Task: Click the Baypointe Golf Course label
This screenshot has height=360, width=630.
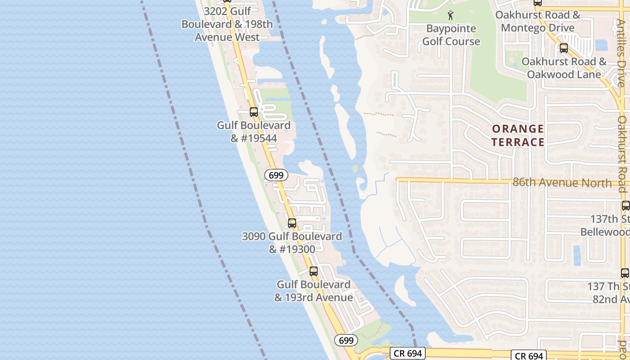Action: [x=451, y=35]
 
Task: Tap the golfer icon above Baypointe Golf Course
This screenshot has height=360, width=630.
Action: [x=451, y=16]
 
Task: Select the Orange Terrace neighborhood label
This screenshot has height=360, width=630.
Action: [x=517, y=135]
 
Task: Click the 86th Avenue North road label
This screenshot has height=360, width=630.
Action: [x=562, y=183]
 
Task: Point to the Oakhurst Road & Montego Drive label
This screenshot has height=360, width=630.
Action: [x=537, y=21]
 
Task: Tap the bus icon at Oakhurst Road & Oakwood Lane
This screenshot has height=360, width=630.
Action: [x=563, y=48]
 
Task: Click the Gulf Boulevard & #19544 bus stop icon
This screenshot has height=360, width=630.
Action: [x=254, y=112]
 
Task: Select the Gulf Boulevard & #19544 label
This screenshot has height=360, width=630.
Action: [x=254, y=131]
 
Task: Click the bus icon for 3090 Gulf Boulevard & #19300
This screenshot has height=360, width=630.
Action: [x=292, y=223]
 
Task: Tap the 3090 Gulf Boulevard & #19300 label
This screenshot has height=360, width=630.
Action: [x=292, y=243]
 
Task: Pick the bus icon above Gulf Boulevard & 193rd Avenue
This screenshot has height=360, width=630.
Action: [x=314, y=271]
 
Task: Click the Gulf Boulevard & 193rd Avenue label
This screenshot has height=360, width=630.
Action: [x=314, y=291]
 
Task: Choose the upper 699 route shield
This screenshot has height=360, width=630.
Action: [x=276, y=175]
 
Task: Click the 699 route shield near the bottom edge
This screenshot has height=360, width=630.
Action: [x=346, y=341]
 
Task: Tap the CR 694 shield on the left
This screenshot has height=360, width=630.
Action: [x=408, y=353]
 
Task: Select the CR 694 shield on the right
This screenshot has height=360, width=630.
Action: [x=529, y=356]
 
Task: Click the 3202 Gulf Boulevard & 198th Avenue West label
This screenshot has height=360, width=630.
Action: [x=227, y=24]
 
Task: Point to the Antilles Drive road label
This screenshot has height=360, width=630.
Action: [x=621, y=49]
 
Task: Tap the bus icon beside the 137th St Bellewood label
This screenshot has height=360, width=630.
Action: [x=625, y=206]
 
